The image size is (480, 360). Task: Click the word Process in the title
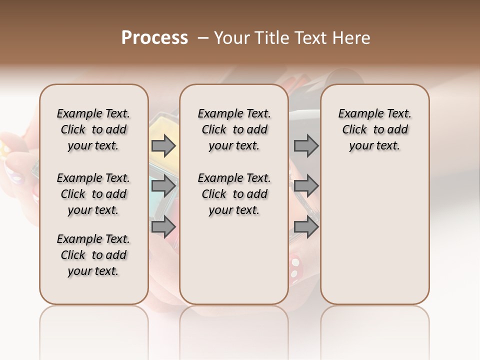coord(154,37)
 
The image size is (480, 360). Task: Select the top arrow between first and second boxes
coord(163,146)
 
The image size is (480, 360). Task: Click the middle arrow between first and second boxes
coord(163,186)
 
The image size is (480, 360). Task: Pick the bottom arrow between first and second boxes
coord(163,226)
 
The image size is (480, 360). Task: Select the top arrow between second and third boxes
coord(306,146)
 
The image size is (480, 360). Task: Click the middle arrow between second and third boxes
coord(306,186)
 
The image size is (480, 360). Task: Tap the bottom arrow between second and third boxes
coord(306,227)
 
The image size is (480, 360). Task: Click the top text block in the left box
coord(93,129)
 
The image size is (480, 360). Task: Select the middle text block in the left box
coord(93,194)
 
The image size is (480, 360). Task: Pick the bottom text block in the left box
coord(93,255)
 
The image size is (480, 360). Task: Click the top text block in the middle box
coord(234,129)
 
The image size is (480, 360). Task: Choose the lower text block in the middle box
coord(234,194)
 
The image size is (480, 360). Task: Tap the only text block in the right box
coord(374,129)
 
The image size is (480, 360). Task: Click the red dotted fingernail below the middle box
coord(295,266)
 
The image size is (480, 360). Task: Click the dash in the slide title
coord(203,38)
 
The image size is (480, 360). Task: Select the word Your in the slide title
coord(232,38)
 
